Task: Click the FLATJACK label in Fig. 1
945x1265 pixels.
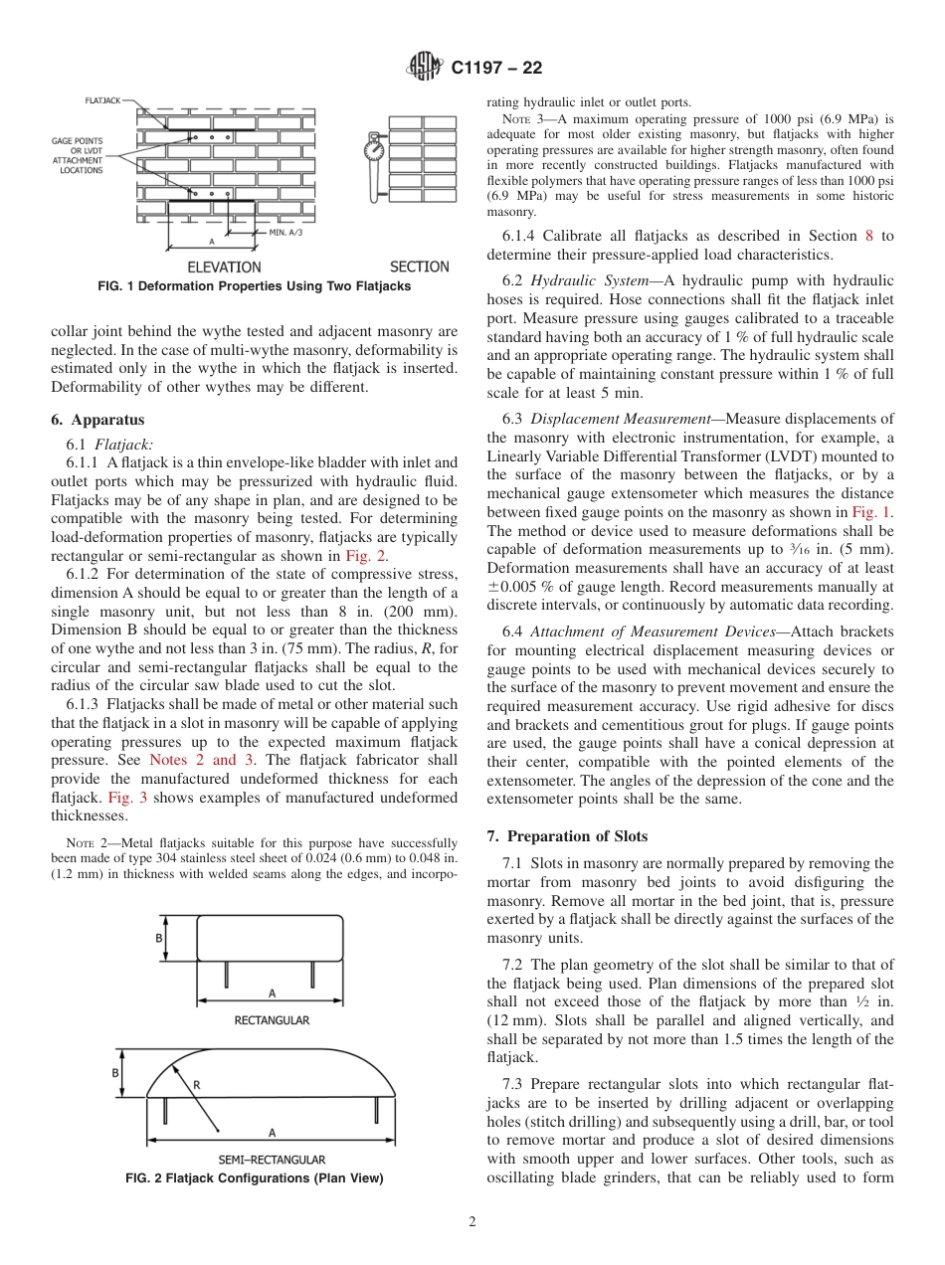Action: tap(103, 100)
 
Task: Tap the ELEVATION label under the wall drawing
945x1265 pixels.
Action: tap(224, 267)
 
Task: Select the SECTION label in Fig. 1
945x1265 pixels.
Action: tap(419, 267)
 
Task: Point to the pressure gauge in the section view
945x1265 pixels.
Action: tap(374, 149)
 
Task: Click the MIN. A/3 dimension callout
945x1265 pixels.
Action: tap(290, 232)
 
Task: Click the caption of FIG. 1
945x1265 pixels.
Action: tap(254, 286)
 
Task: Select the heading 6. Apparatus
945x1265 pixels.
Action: tap(96, 420)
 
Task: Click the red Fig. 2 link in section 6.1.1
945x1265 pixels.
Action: tap(364, 556)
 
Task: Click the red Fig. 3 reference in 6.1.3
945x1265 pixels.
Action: tap(118, 798)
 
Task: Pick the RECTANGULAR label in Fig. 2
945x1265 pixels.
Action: tap(271, 1020)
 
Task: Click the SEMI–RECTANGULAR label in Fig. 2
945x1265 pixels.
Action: tap(271, 1159)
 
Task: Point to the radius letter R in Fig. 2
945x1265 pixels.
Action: tap(196, 1086)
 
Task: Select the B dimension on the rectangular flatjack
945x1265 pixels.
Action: tap(158, 938)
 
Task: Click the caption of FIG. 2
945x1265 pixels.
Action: tap(254, 1178)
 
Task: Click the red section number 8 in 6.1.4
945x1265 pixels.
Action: tap(868, 236)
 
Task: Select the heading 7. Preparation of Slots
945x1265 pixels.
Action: tap(567, 836)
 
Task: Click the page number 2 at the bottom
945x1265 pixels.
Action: tap(472, 1222)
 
